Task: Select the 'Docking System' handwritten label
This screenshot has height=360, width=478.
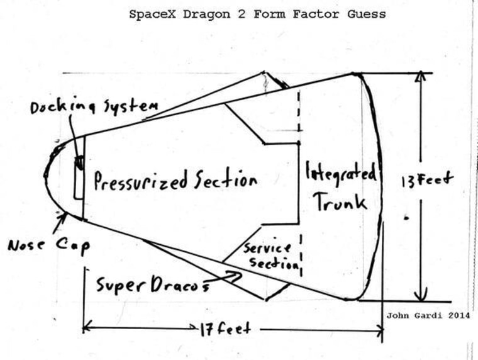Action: coord(94,108)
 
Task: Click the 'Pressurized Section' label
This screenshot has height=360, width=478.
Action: coord(175,181)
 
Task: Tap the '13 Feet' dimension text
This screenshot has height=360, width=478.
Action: coord(427,179)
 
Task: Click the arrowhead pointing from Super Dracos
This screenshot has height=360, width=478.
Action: coord(238,274)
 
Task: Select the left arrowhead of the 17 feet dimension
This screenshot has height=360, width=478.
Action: coord(87,327)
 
